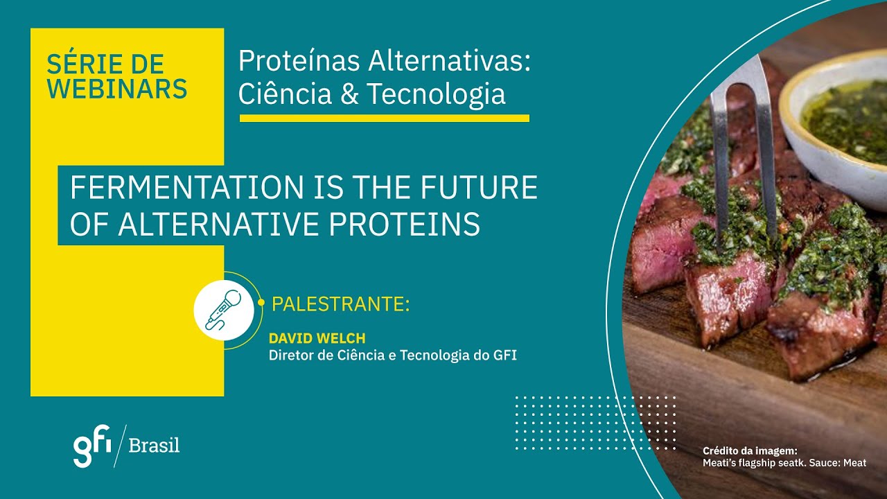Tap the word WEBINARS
[117, 89]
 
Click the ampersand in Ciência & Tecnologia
[349, 94]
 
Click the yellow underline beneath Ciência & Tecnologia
[384, 119]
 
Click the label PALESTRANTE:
[340, 304]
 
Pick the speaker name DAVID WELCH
[317, 338]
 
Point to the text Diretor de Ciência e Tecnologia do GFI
[392, 356]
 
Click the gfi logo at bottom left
[92, 446]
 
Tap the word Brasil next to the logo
[154, 446]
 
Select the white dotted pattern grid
[595, 422]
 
